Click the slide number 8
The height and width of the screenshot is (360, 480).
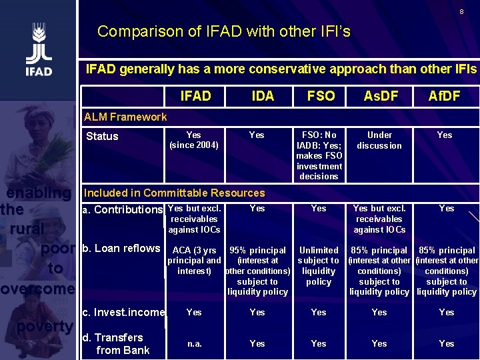click(x=461, y=12)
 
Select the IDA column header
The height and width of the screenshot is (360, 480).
click(x=263, y=96)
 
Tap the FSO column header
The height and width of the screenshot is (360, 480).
click(x=321, y=96)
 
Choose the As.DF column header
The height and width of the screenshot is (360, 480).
click(x=380, y=96)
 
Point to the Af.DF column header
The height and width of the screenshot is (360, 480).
click(x=444, y=96)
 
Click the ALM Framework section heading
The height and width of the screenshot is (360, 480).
click(x=125, y=117)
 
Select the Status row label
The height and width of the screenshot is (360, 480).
click(x=102, y=136)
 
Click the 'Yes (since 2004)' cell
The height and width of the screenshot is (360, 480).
click(x=193, y=140)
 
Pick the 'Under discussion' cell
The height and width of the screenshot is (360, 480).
click(x=379, y=140)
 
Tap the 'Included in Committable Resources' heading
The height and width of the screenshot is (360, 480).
click(x=174, y=193)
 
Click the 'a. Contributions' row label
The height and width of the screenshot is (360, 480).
click(x=122, y=210)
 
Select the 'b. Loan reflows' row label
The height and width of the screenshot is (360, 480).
click(x=121, y=249)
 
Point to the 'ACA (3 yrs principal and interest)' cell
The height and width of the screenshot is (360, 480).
click(x=194, y=261)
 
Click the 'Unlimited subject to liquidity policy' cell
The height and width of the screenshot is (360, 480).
click(x=319, y=266)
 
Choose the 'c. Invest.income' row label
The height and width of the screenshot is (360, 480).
click(x=123, y=312)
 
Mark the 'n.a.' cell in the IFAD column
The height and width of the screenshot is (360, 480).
click(x=194, y=343)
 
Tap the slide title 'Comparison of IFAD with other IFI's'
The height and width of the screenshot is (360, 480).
click(x=223, y=31)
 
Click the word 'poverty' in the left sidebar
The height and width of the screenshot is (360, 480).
click(x=45, y=326)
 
